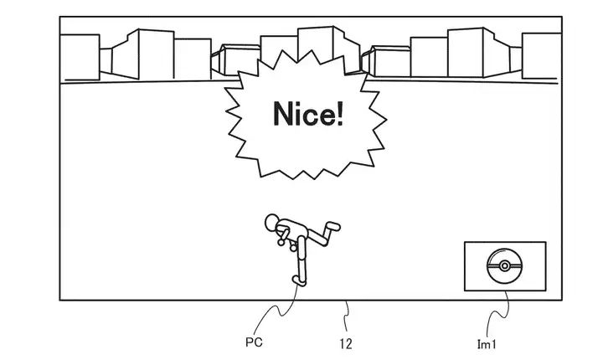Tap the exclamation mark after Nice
[338, 115]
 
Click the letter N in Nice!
[285, 115]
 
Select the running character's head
[272, 224]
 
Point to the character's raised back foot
[332, 225]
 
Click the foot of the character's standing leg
[296, 280]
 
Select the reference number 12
[346, 341]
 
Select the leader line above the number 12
[347, 316]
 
